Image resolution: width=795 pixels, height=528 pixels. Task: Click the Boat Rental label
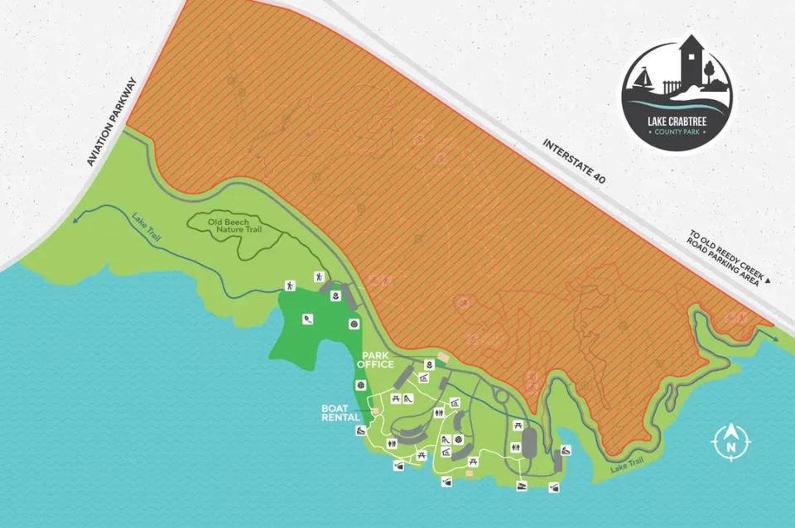[x=339, y=412]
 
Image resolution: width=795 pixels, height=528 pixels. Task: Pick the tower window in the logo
[x=688, y=59]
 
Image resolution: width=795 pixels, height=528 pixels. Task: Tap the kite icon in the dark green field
[x=308, y=319]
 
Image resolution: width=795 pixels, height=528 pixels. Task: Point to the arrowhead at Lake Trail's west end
[x=75, y=221]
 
